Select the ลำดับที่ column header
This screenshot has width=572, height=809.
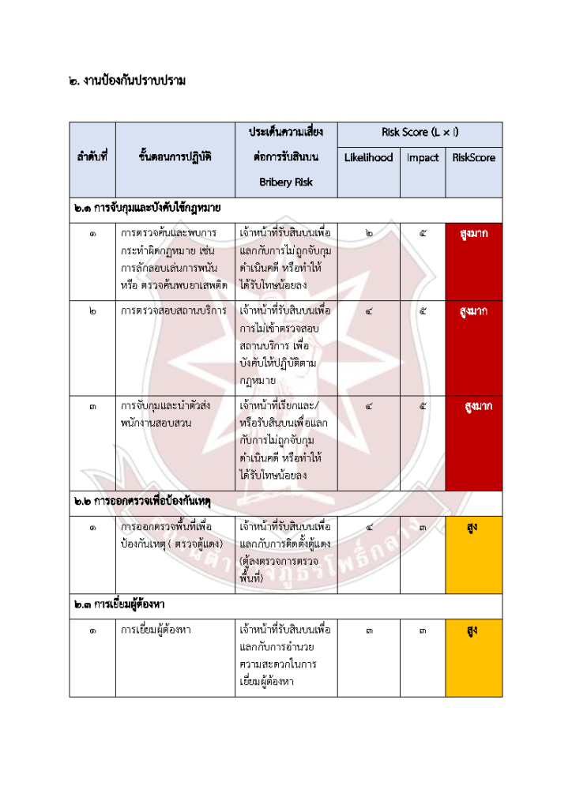click(x=92, y=157)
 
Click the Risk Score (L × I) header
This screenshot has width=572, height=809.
click(x=420, y=132)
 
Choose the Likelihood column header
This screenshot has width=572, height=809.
click(x=368, y=157)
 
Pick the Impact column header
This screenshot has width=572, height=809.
click(x=423, y=157)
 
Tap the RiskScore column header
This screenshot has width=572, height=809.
click(x=474, y=157)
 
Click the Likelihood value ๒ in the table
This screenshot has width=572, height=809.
click(x=369, y=234)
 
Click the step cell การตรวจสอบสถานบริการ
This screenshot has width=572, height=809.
click(x=174, y=310)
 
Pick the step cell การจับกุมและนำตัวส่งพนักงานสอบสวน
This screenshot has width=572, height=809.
click(x=167, y=414)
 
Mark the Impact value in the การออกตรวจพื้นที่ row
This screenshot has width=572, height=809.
click(x=423, y=526)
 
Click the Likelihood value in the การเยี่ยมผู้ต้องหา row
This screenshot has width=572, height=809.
click(x=369, y=630)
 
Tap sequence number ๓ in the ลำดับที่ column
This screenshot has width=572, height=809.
click(x=92, y=406)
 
